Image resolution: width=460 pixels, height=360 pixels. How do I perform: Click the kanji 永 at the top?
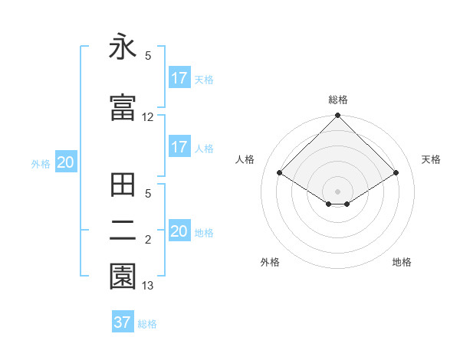pyautogui.click(x=123, y=47)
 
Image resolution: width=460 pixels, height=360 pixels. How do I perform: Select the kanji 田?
pyautogui.click(x=123, y=186)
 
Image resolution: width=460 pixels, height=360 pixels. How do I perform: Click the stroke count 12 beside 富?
pyautogui.click(x=148, y=117)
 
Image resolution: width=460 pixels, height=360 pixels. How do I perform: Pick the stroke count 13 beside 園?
pyautogui.click(x=148, y=286)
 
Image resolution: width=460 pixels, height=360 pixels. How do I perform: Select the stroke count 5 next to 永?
pyautogui.click(x=148, y=56)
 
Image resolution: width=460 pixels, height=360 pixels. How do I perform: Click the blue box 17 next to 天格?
pyautogui.click(x=179, y=78)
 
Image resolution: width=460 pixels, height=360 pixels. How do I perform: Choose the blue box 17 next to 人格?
pyautogui.click(x=179, y=147)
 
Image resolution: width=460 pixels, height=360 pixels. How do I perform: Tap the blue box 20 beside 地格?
pyautogui.click(x=179, y=231)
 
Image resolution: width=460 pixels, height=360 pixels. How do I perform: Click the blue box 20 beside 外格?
pyautogui.click(x=66, y=162)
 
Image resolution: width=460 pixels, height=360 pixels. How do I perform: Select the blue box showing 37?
pyautogui.click(x=123, y=322)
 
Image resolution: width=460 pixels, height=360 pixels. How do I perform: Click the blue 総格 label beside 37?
pyautogui.click(x=147, y=324)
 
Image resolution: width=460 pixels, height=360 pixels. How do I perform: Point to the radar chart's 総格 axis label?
pyautogui.click(x=338, y=100)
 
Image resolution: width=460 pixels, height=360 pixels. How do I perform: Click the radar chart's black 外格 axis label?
pyautogui.click(x=270, y=262)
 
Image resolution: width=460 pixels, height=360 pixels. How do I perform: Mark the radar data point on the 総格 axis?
pyautogui.click(x=338, y=116)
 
